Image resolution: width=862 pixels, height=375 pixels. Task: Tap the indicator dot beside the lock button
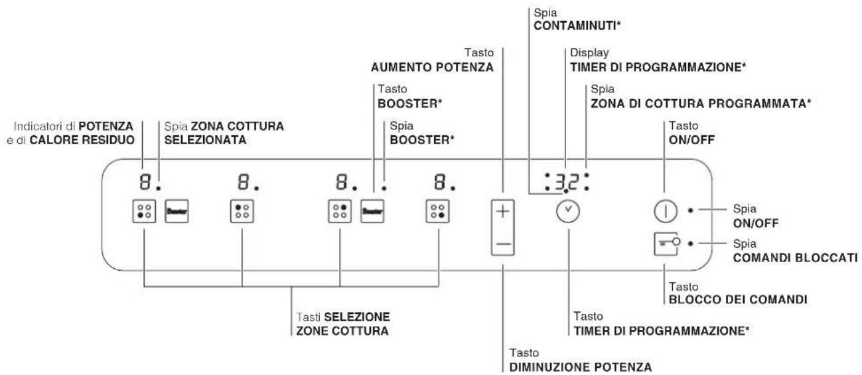[x=691, y=244]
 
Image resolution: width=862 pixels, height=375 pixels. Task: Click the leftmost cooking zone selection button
[x=143, y=212]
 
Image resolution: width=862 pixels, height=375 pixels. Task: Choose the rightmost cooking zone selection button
[x=437, y=212]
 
